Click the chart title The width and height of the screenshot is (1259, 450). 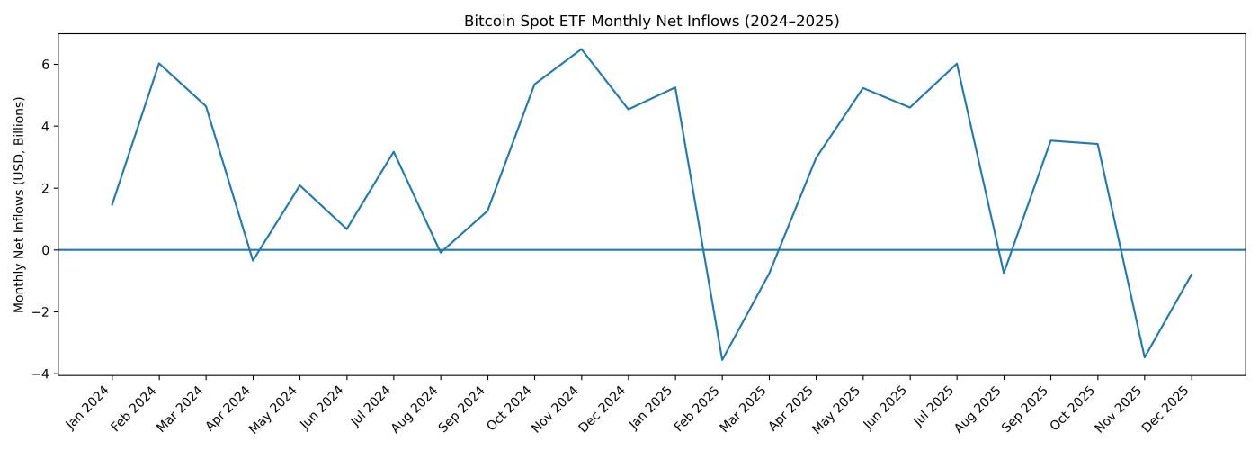coord(651,21)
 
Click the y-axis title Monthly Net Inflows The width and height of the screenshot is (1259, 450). coord(20,205)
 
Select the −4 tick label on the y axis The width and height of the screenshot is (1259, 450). coord(42,373)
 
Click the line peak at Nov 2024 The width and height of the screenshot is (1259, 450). coord(581,49)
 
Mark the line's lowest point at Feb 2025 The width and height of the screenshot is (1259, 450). coord(722,360)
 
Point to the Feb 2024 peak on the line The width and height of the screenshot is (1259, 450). coord(159,63)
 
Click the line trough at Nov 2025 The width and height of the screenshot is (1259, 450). coord(1144,357)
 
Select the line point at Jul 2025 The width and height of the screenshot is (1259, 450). coord(957,64)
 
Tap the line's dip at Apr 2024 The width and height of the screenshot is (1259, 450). coord(253,260)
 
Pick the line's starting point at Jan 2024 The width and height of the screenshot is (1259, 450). coord(112,204)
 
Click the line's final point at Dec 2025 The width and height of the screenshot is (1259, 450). coord(1192,274)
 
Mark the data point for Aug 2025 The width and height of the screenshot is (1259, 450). coord(1004,273)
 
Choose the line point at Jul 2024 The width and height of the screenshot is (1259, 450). coord(394,152)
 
